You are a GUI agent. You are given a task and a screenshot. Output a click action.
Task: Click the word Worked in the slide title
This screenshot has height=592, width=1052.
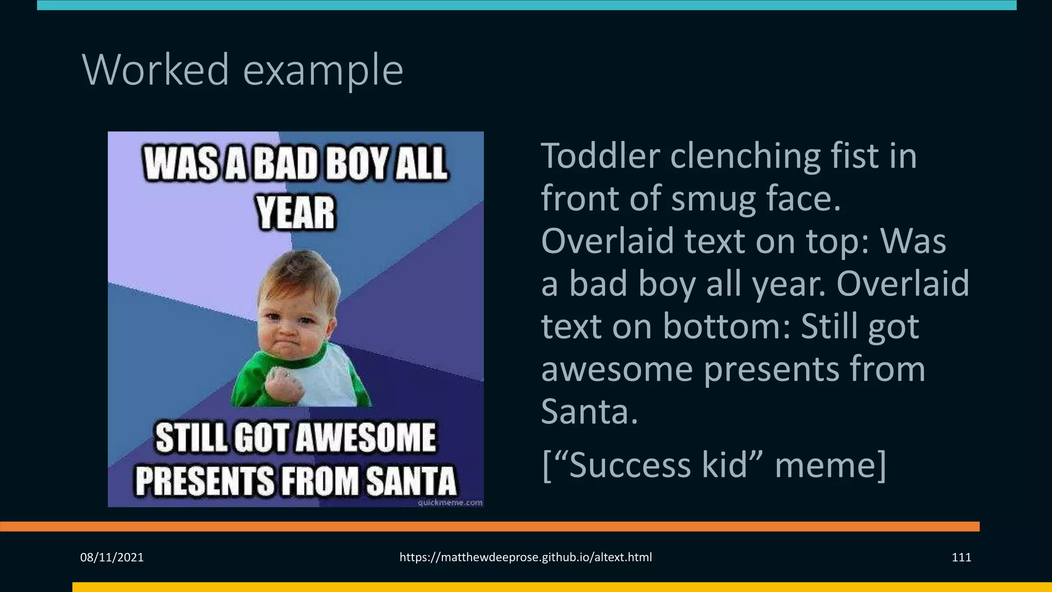(156, 70)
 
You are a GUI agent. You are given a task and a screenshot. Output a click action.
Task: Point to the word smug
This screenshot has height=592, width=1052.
(713, 199)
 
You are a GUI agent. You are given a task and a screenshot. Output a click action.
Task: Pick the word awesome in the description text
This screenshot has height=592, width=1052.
(617, 369)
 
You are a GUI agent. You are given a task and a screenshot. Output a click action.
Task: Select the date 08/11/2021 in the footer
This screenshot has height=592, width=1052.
(112, 558)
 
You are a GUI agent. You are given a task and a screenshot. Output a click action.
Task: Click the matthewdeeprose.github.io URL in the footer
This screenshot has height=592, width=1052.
(525, 558)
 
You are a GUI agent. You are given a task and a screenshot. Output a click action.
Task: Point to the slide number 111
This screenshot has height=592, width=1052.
(961, 558)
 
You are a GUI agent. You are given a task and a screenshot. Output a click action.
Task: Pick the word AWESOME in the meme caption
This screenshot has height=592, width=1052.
(366, 438)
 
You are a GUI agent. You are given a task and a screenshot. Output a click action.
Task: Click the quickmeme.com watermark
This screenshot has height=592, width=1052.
(450, 503)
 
